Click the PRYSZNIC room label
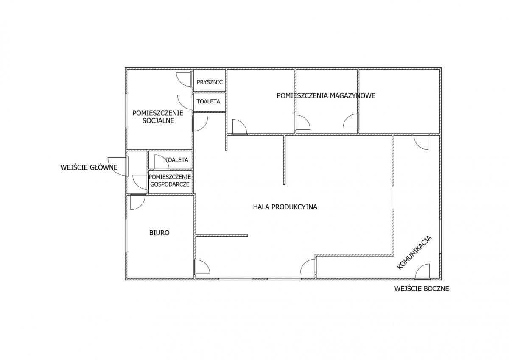pyautogui.click(x=210, y=82)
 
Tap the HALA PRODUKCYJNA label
pyautogui.click(x=285, y=207)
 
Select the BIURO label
pyautogui.click(x=159, y=233)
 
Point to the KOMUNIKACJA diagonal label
pyautogui.click(x=414, y=253)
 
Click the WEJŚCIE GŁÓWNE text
pyautogui.click(x=89, y=167)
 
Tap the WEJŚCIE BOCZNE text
pyautogui.click(x=422, y=289)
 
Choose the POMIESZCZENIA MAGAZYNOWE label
pyautogui.click(x=326, y=96)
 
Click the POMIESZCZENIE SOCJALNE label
pyautogui.click(x=158, y=117)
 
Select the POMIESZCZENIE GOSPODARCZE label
pyautogui.click(x=170, y=181)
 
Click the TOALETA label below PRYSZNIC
pyautogui.click(x=208, y=101)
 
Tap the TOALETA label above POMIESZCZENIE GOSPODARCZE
pyautogui.click(x=176, y=160)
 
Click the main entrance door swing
pyautogui.click(x=118, y=166)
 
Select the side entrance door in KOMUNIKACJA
pyautogui.click(x=422, y=271)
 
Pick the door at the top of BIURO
pyautogui.click(x=138, y=202)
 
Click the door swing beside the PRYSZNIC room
pyautogui.click(x=184, y=79)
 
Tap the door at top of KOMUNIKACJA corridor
pyautogui.click(x=421, y=142)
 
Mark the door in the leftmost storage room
pyautogui.click(x=240, y=127)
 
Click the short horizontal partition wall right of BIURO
pyautogui.click(x=222, y=236)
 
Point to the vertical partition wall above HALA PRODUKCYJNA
pyautogui.click(x=284, y=160)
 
